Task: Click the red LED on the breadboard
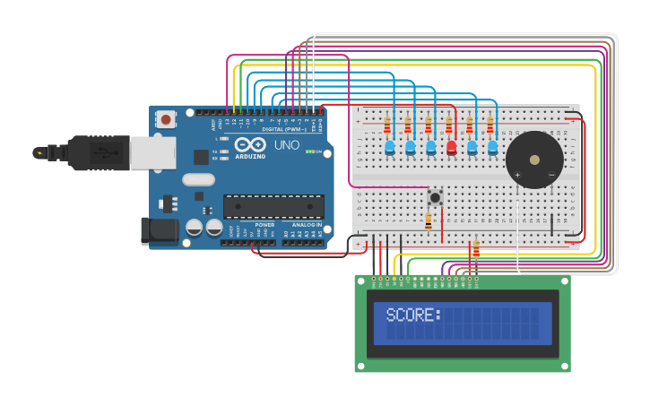pyautogui.click(x=451, y=148)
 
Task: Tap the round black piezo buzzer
pyautogui.click(x=534, y=160)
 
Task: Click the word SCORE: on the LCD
pyautogui.click(x=413, y=315)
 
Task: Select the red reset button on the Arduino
pyautogui.click(x=166, y=119)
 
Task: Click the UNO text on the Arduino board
pyautogui.click(x=286, y=145)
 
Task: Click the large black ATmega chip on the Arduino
pyautogui.click(x=273, y=206)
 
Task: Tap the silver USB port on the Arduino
pyautogui.click(x=152, y=153)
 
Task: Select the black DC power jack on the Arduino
pyautogui.click(x=160, y=229)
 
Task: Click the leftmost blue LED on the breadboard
pyautogui.click(x=389, y=148)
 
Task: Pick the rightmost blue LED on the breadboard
pyautogui.click(x=492, y=148)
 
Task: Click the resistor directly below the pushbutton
pyautogui.click(x=428, y=220)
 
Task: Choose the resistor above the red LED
pyautogui.click(x=448, y=125)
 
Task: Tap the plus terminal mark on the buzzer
pyautogui.click(x=517, y=175)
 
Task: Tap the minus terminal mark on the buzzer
pyautogui.click(x=551, y=175)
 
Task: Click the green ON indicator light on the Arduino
pyautogui.click(x=308, y=151)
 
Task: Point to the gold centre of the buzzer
pyautogui.click(x=534, y=160)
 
